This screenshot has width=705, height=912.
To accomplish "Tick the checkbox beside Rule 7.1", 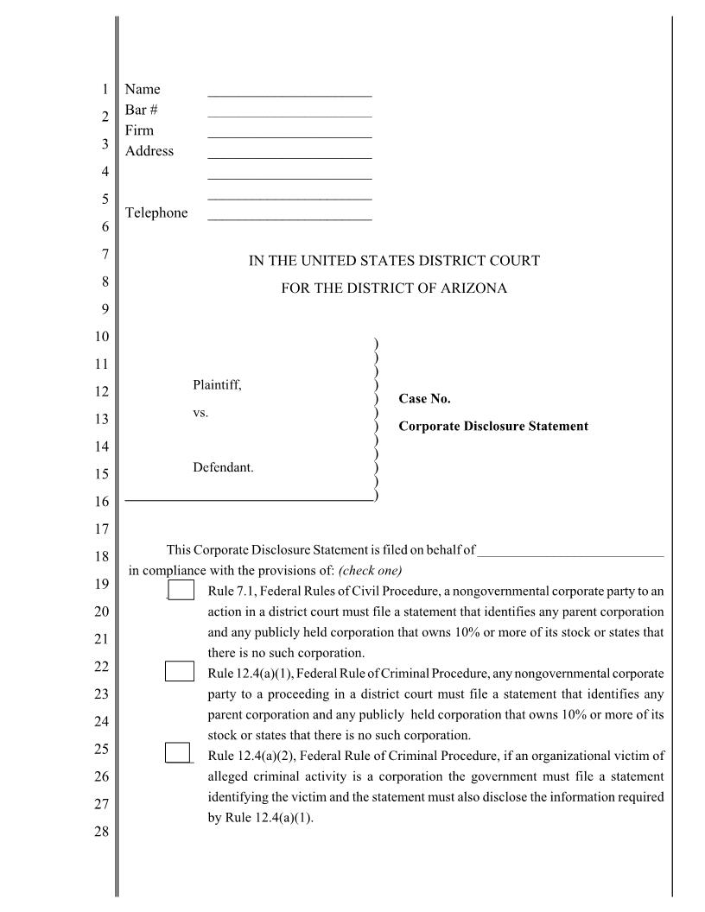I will click(x=181, y=590).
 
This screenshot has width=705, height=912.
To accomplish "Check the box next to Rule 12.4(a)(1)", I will click(x=180, y=671).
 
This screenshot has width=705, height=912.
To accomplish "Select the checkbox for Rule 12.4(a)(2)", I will click(x=178, y=752).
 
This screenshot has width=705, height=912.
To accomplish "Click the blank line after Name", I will click(x=289, y=91).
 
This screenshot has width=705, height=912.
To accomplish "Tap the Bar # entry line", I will click(x=289, y=111).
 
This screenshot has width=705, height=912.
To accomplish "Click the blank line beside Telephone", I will click(x=289, y=215).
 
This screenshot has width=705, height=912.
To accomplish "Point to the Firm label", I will click(x=139, y=130).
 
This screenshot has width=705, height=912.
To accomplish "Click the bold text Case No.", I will click(x=424, y=399).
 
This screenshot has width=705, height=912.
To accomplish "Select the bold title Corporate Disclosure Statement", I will click(x=493, y=427).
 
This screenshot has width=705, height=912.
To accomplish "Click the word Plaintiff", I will click(x=217, y=384).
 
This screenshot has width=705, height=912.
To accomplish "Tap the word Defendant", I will click(x=223, y=467).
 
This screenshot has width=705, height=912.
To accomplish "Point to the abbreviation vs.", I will click(x=200, y=413).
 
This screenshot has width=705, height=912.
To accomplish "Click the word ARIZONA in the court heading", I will click(x=474, y=288).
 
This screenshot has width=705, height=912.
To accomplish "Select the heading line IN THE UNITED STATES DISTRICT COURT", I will click(x=394, y=261).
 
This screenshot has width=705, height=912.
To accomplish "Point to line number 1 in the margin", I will click(x=105, y=90).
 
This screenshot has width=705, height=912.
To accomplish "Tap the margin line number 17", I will click(x=102, y=529).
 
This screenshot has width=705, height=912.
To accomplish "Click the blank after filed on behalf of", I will click(x=570, y=550).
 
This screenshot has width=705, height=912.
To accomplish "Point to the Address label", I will click(x=149, y=151).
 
